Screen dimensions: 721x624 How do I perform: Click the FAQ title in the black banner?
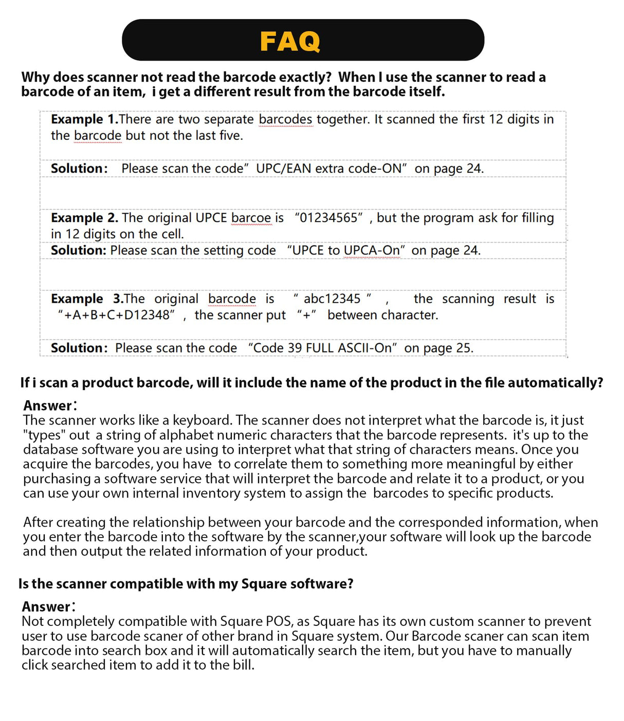[290, 41]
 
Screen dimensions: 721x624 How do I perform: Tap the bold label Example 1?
[84, 119]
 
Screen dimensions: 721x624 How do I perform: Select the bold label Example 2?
[84, 218]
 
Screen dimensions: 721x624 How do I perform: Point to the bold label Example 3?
[87, 299]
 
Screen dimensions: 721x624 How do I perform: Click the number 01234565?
[332, 218]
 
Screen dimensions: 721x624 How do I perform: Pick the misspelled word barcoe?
[251, 218]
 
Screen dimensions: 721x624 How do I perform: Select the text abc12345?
[332, 299]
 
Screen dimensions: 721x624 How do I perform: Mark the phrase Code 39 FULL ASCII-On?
[322, 348]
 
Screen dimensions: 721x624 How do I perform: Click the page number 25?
[463, 348]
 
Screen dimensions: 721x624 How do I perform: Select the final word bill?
[243, 665]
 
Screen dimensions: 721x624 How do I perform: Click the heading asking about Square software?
[186, 584]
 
